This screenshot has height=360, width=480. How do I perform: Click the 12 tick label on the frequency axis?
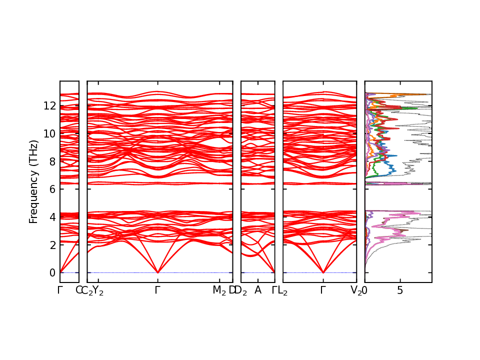pyautogui.click(x=49, y=105)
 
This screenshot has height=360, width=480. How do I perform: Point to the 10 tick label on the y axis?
pyautogui.click(x=49, y=133)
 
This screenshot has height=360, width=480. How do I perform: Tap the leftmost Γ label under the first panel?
pyautogui.click(x=60, y=290)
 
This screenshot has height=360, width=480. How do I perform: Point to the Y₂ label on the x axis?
pyautogui.click(x=98, y=290)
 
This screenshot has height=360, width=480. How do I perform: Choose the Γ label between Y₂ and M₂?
pyautogui.click(x=158, y=290)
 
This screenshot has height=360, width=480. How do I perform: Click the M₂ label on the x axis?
pyautogui.click(x=219, y=290)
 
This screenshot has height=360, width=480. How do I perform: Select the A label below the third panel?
pyautogui.click(x=258, y=290)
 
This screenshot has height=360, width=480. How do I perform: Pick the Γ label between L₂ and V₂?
pyautogui.click(x=323, y=290)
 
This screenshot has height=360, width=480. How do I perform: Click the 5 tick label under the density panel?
pyautogui.click(x=400, y=290)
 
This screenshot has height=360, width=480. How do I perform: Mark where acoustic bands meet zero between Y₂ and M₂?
pyautogui.click(x=158, y=272)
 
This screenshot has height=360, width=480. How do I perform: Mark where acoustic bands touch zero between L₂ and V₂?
pyautogui.click(x=323, y=272)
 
